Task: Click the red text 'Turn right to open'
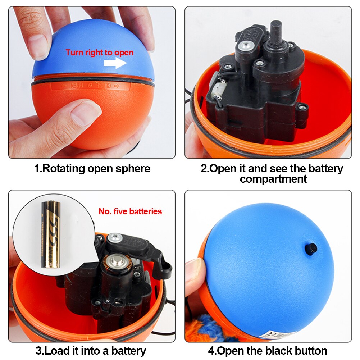[100, 53]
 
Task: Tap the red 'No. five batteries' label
[130, 211]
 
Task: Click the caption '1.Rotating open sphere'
[92, 168]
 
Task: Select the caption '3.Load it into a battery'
[91, 351]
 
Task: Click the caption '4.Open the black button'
[268, 351]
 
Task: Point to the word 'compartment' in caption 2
[273, 179]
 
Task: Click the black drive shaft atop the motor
[275, 31]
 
